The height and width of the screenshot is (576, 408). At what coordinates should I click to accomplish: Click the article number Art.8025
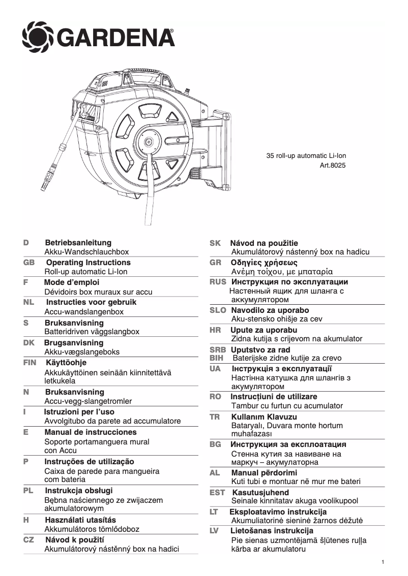pyautogui.click(x=333, y=165)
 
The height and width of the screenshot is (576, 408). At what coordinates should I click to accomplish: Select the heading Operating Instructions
pyautogui.click(x=88, y=263)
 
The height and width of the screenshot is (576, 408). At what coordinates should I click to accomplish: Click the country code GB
pyautogui.click(x=29, y=263)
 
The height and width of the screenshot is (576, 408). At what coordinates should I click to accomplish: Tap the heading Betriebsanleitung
pyautogui.click(x=78, y=243)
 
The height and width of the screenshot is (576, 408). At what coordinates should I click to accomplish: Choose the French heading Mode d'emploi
pyautogui.click(x=72, y=282)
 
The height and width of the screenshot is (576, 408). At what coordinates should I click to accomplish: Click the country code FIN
pyautogui.click(x=30, y=363)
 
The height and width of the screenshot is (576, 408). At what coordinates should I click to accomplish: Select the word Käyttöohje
pyautogui.click(x=66, y=363)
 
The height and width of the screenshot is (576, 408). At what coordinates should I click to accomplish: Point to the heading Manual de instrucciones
pyautogui.click(x=91, y=432)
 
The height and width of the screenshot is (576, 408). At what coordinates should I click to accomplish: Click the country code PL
pyautogui.click(x=28, y=491)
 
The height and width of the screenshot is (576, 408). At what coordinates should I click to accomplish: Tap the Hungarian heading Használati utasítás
pyautogui.click(x=80, y=520)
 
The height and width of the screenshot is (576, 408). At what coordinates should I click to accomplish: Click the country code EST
pyautogui.click(x=217, y=493)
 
